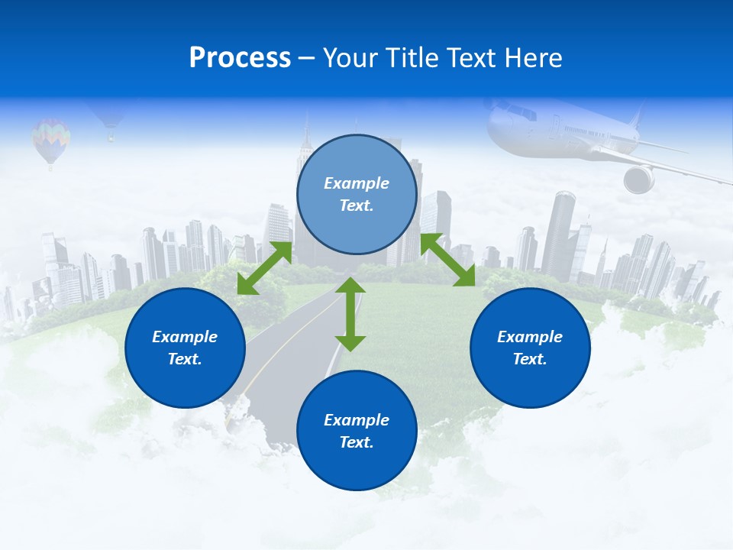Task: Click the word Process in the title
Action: pos(240,58)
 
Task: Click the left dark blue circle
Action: pos(185,348)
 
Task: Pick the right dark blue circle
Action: pos(530,348)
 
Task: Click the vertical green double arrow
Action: pos(350,314)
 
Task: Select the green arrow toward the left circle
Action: pos(264,268)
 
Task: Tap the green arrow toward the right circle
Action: pos(448,260)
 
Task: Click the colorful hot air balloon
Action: pos(50,141)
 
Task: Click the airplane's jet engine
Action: pos(638,180)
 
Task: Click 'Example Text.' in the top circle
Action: pos(357,194)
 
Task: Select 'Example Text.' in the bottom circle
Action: pos(357,431)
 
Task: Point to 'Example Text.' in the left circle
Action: pos(185,348)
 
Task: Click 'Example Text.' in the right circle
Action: pos(530,348)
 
